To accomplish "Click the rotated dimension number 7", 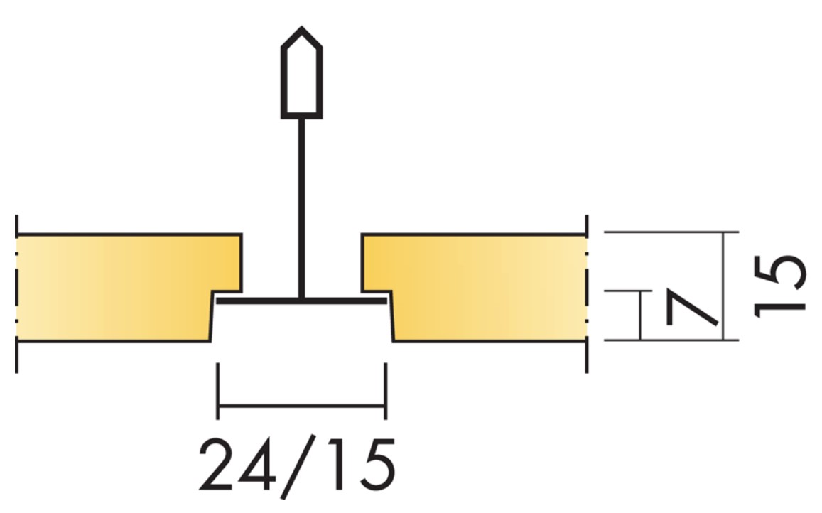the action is click(x=692, y=308).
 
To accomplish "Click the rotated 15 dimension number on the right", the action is click(x=779, y=286).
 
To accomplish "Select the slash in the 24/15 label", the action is click(x=298, y=466).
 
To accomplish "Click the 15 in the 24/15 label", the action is click(x=359, y=465).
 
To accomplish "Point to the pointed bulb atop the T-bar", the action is click(x=302, y=72).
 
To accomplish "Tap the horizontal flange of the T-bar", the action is click(x=302, y=301).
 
